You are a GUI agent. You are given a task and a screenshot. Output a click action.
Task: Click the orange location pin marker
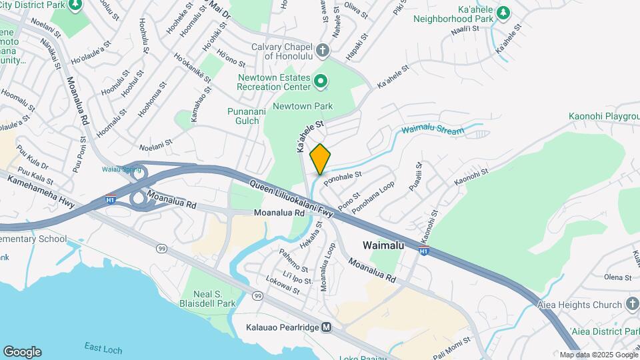click(320, 159)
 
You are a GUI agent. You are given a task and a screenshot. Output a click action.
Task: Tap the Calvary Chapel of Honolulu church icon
click(323, 51)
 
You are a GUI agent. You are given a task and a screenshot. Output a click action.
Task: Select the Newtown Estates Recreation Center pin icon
click(321, 82)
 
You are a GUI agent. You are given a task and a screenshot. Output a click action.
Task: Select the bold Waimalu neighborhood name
click(383, 245)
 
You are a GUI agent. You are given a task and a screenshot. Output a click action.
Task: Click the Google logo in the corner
click(22, 352)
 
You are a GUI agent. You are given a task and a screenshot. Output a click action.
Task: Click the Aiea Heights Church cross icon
click(631, 305)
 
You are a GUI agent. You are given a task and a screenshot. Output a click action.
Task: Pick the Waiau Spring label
click(121, 169)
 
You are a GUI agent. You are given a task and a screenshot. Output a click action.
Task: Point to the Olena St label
click(617, 277)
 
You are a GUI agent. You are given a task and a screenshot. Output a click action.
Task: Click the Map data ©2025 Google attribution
click(598, 355)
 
